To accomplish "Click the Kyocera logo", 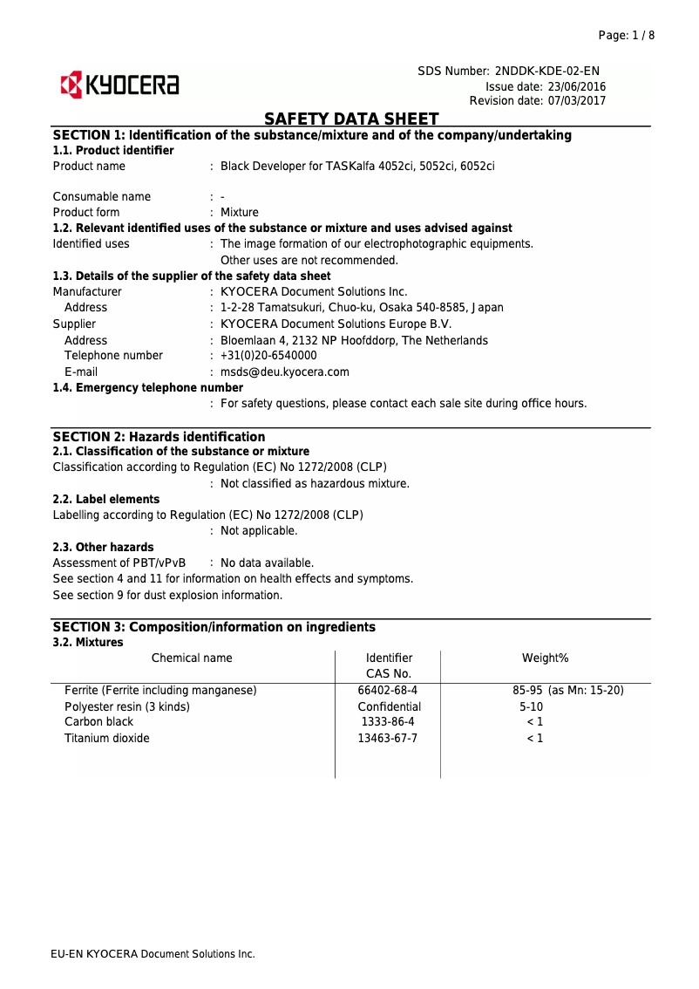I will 119,85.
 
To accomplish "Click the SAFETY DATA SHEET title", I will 351,119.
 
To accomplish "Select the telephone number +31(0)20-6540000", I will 268,355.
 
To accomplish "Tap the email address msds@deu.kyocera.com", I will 284,372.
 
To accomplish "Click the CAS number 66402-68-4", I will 387,690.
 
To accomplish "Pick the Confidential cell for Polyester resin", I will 389,706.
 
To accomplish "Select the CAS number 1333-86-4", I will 387,722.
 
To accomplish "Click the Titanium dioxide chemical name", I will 106,738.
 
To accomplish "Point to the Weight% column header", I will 545,658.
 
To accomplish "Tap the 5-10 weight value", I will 531,706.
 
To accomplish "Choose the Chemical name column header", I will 192,658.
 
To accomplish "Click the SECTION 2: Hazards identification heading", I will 159,436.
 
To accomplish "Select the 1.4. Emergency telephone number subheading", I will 147,387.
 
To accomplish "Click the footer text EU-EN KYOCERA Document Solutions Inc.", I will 153,954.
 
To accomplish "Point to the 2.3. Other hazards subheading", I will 103,547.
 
